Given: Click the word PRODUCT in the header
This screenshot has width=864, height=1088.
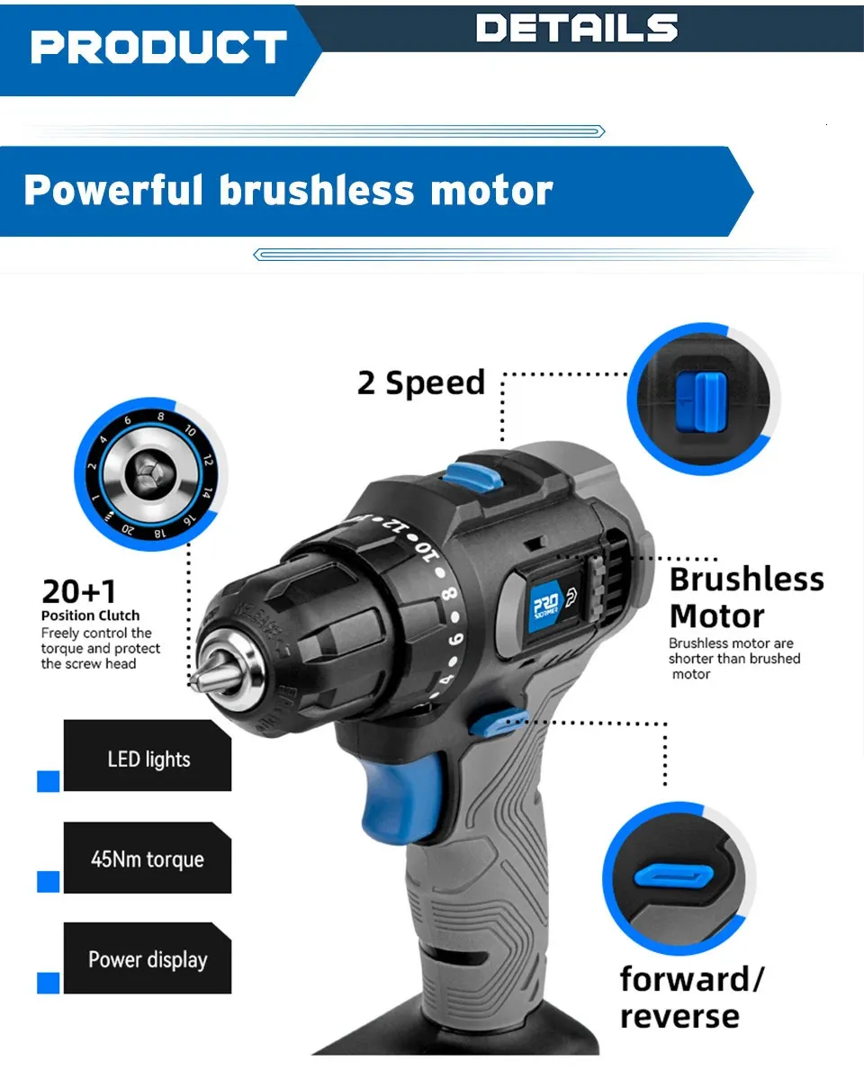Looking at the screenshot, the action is coord(158,47).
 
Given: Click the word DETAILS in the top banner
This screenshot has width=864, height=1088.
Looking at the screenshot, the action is coord(576,27).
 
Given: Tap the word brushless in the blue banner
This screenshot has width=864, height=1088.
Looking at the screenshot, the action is coord(317,191).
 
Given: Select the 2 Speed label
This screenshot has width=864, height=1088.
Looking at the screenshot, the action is coord(420,382).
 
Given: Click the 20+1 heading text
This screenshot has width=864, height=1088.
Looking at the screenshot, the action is coord(79,591).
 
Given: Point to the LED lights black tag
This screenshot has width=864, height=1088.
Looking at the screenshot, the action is coord(147,755).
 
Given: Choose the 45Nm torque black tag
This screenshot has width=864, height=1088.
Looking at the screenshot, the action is coord(147,858).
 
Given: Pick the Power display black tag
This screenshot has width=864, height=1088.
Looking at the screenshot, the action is coord(147,958).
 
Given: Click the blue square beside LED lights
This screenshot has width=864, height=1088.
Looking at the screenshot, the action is coord(48,781).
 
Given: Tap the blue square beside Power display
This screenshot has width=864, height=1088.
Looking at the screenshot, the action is coord(48,984).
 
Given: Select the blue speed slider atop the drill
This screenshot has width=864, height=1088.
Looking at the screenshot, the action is coord(473,477).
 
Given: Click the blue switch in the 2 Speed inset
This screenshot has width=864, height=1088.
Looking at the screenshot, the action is coord(701,402).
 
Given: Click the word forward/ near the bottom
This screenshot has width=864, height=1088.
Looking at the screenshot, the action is coord(691,979).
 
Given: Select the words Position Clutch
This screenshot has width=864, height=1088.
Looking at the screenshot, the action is coord(91,616).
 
